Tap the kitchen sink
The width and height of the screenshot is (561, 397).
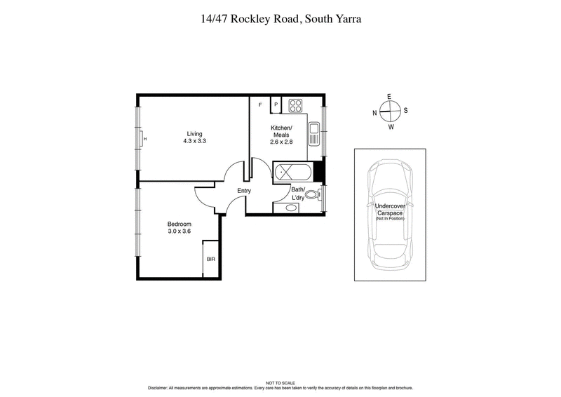pyautogui.click(x=313, y=129)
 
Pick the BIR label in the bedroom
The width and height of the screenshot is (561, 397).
pyautogui.click(x=211, y=260)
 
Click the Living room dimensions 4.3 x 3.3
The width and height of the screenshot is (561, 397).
pyautogui.click(x=195, y=141)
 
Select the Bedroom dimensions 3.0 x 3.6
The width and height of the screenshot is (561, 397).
pyautogui.click(x=179, y=231)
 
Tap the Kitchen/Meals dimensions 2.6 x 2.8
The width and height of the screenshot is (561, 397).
pyautogui.click(x=280, y=142)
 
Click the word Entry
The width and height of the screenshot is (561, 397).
pyautogui.click(x=244, y=191)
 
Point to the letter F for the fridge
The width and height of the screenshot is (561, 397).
pyautogui.click(x=260, y=105)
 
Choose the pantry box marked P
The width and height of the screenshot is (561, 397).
pyautogui.click(x=276, y=105)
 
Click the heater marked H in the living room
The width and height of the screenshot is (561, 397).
pyautogui.click(x=144, y=139)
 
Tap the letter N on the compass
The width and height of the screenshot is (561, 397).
pyautogui.click(x=375, y=112)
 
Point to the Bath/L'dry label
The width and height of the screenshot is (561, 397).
pyautogui.click(x=299, y=194)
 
